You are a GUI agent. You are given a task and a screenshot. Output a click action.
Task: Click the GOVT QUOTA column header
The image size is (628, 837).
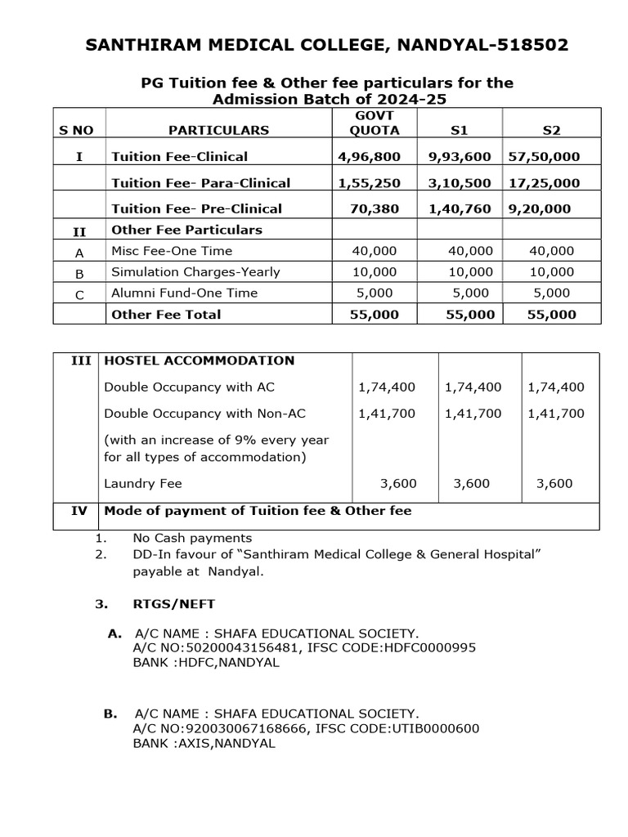click(x=375, y=123)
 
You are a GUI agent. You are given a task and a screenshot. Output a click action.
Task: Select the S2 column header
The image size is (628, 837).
click(x=554, y=129)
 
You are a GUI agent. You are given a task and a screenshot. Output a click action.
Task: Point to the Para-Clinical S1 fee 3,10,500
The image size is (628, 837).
click(x=460, y=183)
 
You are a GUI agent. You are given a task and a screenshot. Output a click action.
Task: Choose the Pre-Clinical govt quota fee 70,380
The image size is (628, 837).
click(x=375, y=208)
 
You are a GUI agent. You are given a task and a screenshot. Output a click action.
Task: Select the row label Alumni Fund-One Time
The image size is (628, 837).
click(x=184, y=293)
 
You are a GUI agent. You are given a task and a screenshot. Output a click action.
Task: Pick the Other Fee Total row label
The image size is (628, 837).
click(x=166, y=314)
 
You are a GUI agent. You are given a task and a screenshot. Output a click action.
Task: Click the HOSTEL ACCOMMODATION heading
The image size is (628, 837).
click(x=199, y=360)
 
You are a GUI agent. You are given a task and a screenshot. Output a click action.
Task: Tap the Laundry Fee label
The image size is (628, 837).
click(x=143, y=483)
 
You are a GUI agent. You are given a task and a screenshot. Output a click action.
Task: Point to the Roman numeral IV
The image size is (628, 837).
click(x=78, y=511)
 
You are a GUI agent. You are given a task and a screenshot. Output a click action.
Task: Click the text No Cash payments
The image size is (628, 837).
click(x=192, y=538)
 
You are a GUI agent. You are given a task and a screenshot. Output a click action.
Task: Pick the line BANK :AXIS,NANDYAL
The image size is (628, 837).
click(x=204, y=744)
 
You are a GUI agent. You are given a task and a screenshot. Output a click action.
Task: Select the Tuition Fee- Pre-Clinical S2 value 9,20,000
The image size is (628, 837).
click(x=540, y=208)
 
